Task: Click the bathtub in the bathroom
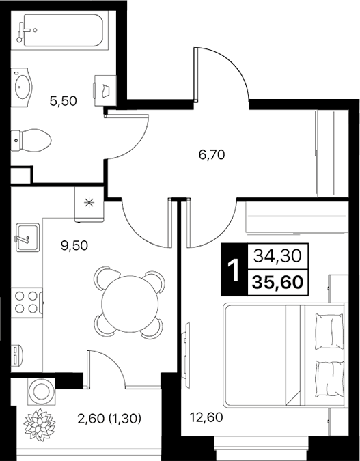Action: coord(59,30)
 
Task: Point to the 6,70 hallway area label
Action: coord(212,154)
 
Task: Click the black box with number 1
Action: coord(233,270)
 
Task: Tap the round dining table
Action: coord(130,302)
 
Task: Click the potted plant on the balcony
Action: coord(38,423)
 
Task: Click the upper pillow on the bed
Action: coord(328,331)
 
